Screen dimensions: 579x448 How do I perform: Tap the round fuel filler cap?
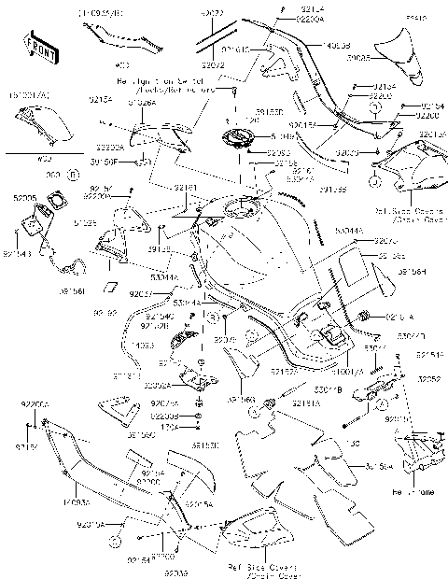tap(236, 144)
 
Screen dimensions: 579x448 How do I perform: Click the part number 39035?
tap(358, 57)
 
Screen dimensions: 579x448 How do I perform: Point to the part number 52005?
tap(25, 199)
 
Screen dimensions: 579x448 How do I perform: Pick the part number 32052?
tap(428, 380)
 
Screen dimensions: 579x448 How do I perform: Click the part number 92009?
tap(176, 572)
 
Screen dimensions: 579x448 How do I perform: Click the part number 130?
tap(354, 444)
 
